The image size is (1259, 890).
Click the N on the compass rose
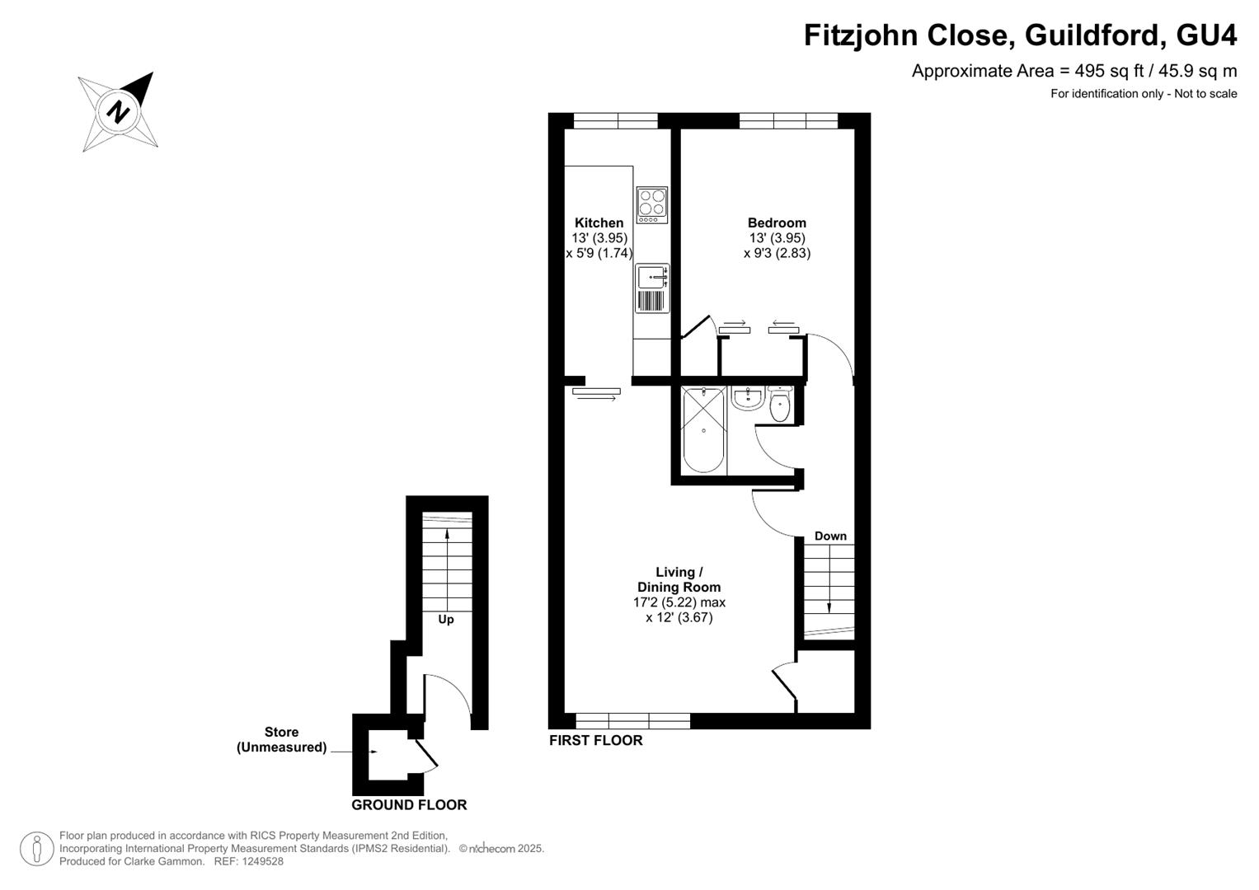[118, 110]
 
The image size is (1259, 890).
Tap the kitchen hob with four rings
[652, 205]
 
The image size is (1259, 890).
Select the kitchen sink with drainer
[652, 288]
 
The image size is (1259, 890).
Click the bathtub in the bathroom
[703, 430]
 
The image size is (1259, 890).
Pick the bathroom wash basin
[748, 398]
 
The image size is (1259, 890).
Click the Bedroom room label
[777, 223]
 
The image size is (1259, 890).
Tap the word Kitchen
[599, 223]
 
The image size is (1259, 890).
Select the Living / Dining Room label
[679, 579]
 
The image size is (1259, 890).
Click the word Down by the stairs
[830, 536]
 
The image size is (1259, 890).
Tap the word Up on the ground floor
[446, 620]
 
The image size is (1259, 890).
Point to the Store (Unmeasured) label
[282, 739]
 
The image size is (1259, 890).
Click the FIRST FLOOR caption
[596, 741]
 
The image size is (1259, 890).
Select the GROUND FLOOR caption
[409, 805]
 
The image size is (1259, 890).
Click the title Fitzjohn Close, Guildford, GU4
[1020, 35]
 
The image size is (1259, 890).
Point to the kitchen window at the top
[615, 121]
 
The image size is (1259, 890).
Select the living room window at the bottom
[633, 721]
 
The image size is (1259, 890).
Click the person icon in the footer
[36, 849]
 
